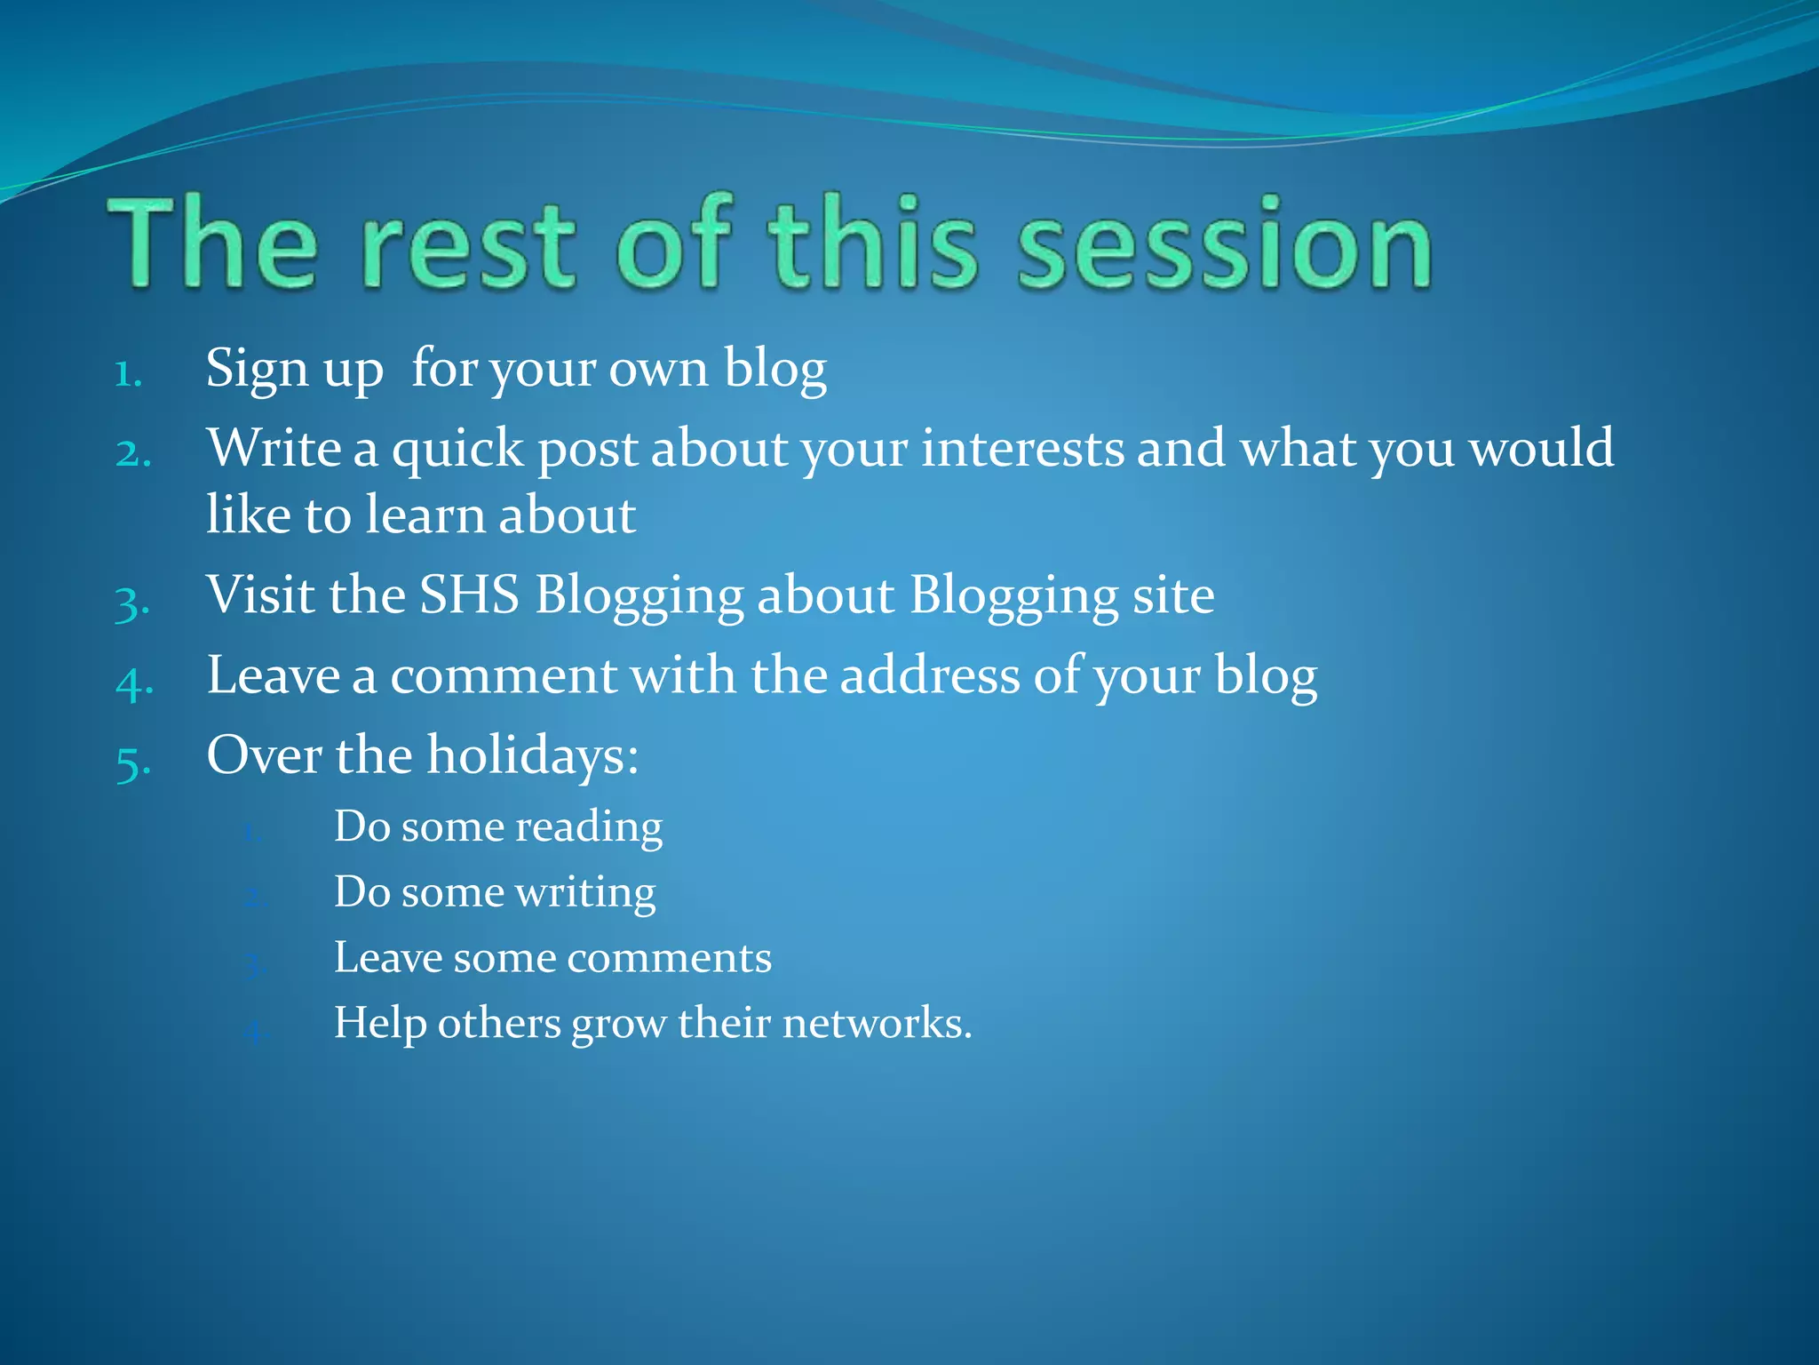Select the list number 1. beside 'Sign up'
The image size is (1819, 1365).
tap(129, 373)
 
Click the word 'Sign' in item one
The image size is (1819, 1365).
tap(257, 368)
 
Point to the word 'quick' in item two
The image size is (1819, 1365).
tap(457, 450)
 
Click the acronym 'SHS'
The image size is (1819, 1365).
tap(469, 595)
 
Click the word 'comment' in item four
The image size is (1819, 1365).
tap(503, 675)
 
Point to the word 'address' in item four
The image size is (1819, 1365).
tap(930, 675)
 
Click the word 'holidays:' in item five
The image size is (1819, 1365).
tap(532, 755)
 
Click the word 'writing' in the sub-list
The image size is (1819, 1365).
tap(585, 892)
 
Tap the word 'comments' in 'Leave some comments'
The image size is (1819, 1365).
tap(669, 958)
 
